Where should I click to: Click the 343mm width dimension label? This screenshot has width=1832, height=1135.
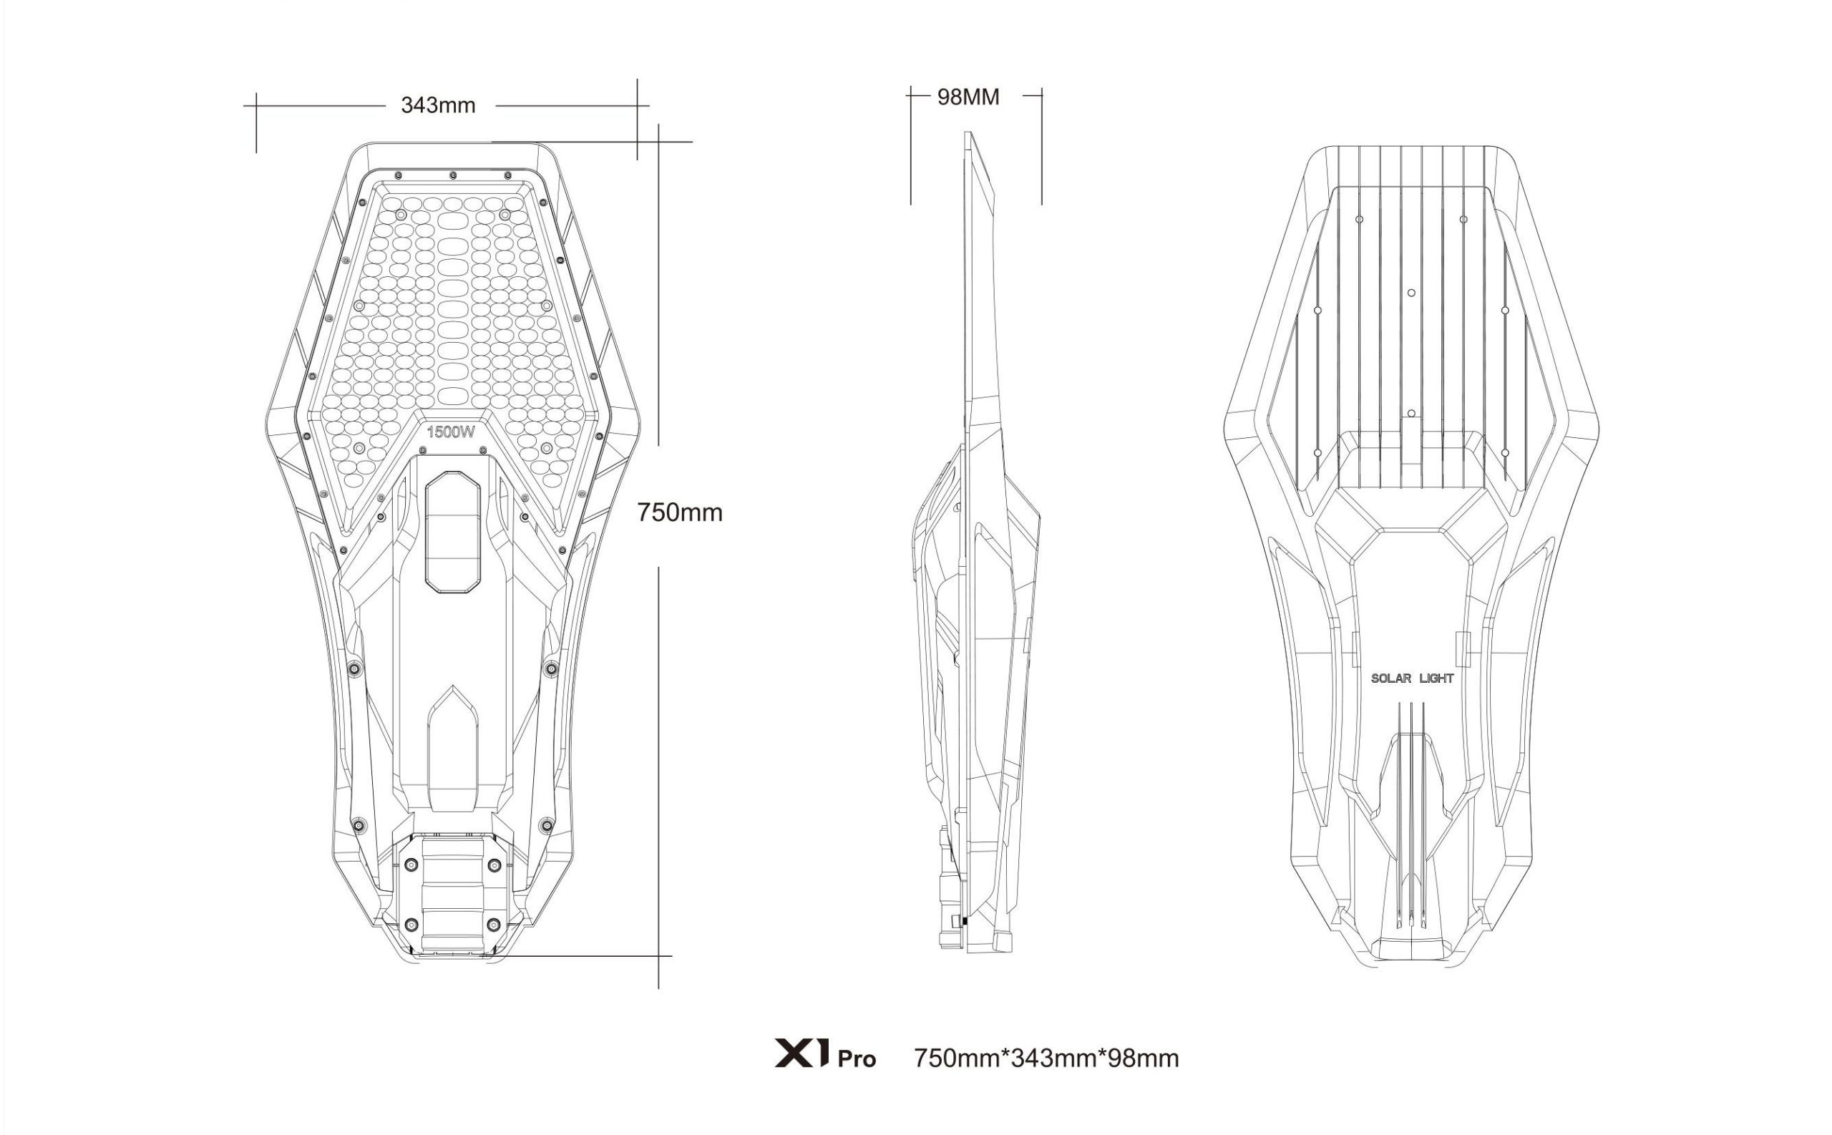click(x=437, y=105)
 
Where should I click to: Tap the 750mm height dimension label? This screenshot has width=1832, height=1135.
click(x=679, y=512)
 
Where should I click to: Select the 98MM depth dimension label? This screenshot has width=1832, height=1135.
click(x=968, y=97)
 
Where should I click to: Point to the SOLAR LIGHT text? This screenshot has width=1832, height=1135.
click(x=1412, y=678)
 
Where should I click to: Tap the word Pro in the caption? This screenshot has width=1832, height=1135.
click(x=857, y=1060)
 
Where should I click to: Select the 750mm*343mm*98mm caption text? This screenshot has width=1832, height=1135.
click(x=1046, y=1058)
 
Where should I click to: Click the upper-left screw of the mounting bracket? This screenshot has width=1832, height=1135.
click(x=411, y=865)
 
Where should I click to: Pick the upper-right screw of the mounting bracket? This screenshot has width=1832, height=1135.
click(x=493, y=865)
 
